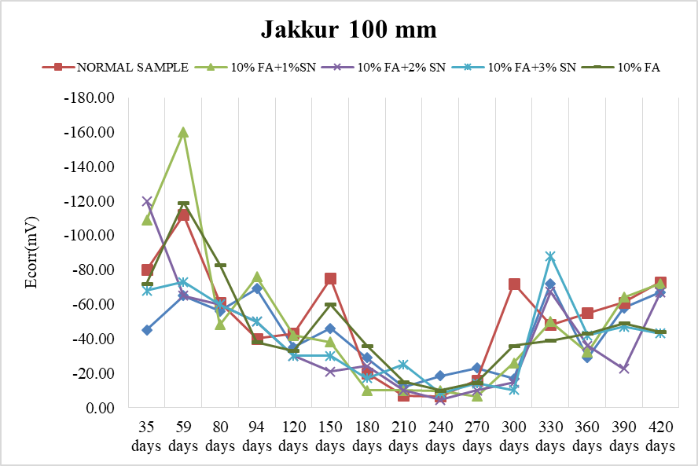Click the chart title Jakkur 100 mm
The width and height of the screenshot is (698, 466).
click(348, 31)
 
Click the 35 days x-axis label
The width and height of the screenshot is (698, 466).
click(146, 436)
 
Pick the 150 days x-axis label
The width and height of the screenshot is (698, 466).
click(330, 436)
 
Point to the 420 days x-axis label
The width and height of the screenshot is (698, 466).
click(660, 436)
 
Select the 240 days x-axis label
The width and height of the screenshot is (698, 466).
click(440, 436)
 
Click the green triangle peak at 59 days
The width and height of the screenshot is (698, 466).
click(183, 132)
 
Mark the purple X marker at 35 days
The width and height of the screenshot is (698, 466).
click(146, 201)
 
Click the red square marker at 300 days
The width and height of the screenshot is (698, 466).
click(514, 284)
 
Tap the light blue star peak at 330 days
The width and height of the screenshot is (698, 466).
click(550, 256)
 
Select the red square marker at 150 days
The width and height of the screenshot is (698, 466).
click(330, 278)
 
